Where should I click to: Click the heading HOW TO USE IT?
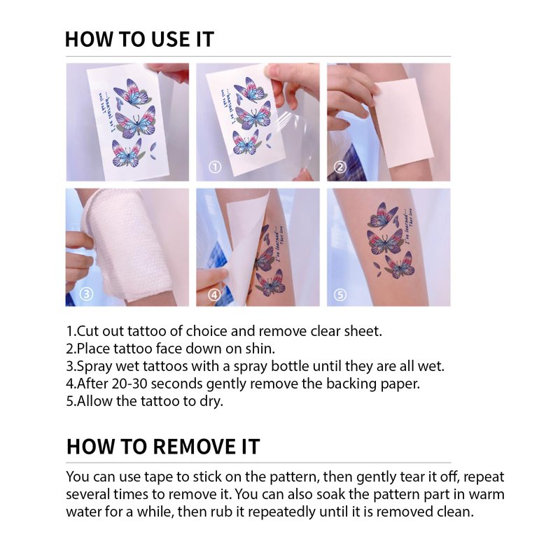click(x=139, y=39)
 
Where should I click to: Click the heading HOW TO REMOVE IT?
click(x=163, y=447)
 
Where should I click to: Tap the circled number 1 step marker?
click(x=215, y=167)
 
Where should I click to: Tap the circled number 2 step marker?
click(x=339, y=167)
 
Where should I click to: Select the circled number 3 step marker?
click(x=86, y=294)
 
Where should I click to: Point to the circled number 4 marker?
click(x=214, y=295)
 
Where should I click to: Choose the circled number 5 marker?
click(x=339, y=295)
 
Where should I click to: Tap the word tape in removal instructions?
click(x=157, y=477)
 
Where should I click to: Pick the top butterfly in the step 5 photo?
click(x=383, y=216)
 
